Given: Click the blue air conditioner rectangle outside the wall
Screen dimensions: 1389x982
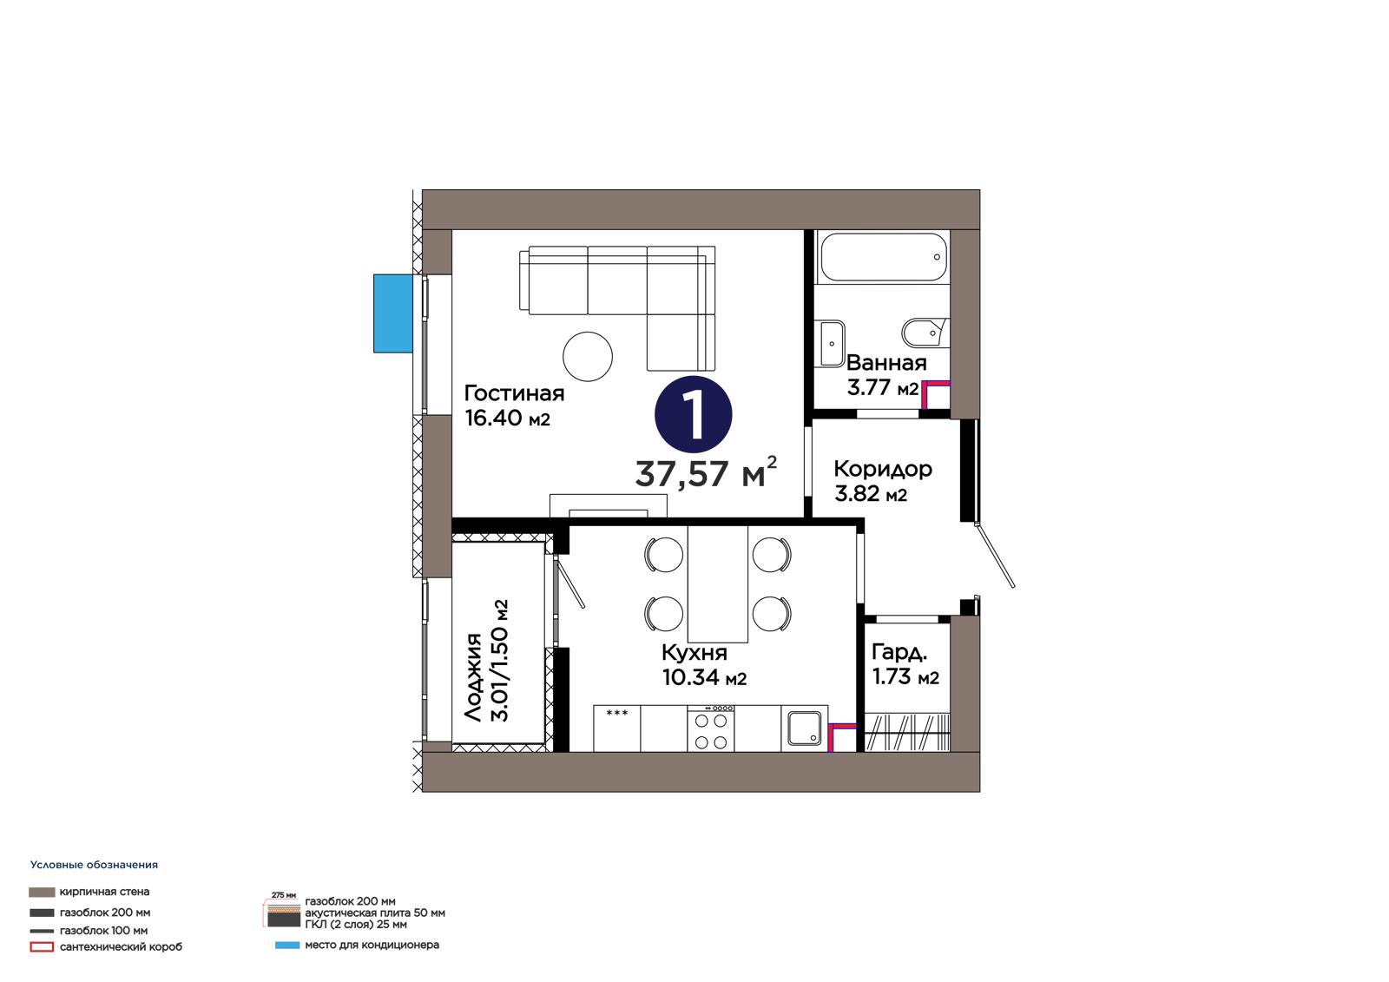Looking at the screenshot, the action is click(x=393, y=314).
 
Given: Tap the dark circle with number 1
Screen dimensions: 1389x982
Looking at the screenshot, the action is click(x=694, y=414).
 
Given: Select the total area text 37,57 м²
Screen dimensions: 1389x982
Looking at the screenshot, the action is click(x=706, y=472).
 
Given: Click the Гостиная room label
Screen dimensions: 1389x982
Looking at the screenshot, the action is click(x=514, y=393).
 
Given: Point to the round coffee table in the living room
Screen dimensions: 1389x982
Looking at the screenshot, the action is click(x=588, y=356).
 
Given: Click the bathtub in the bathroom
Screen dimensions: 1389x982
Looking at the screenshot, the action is click(x=884, y=258).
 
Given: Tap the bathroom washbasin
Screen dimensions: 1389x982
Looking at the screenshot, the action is click(x=831, y=343).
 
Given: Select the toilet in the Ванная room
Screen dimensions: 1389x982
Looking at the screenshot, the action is click(x=925, y=333).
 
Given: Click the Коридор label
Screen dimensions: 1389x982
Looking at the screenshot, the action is click(x=882, y=470).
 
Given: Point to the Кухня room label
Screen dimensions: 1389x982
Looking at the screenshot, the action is click(x=694, y=653).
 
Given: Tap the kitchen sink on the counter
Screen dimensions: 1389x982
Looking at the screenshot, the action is click(x=805, y=728).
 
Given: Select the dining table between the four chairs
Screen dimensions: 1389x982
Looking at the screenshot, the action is click(x=717, y=583).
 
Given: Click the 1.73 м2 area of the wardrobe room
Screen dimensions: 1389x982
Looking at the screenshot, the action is click(x=906, y=676).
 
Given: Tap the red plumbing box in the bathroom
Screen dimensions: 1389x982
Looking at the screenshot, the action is click(x=935, y=394).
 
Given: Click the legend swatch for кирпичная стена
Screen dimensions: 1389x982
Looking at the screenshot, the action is click(x=42, y=892).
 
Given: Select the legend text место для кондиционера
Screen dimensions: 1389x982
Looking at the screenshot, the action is click(x=372, y=945).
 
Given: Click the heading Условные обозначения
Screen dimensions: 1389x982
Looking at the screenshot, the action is click(x=95, y=865).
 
